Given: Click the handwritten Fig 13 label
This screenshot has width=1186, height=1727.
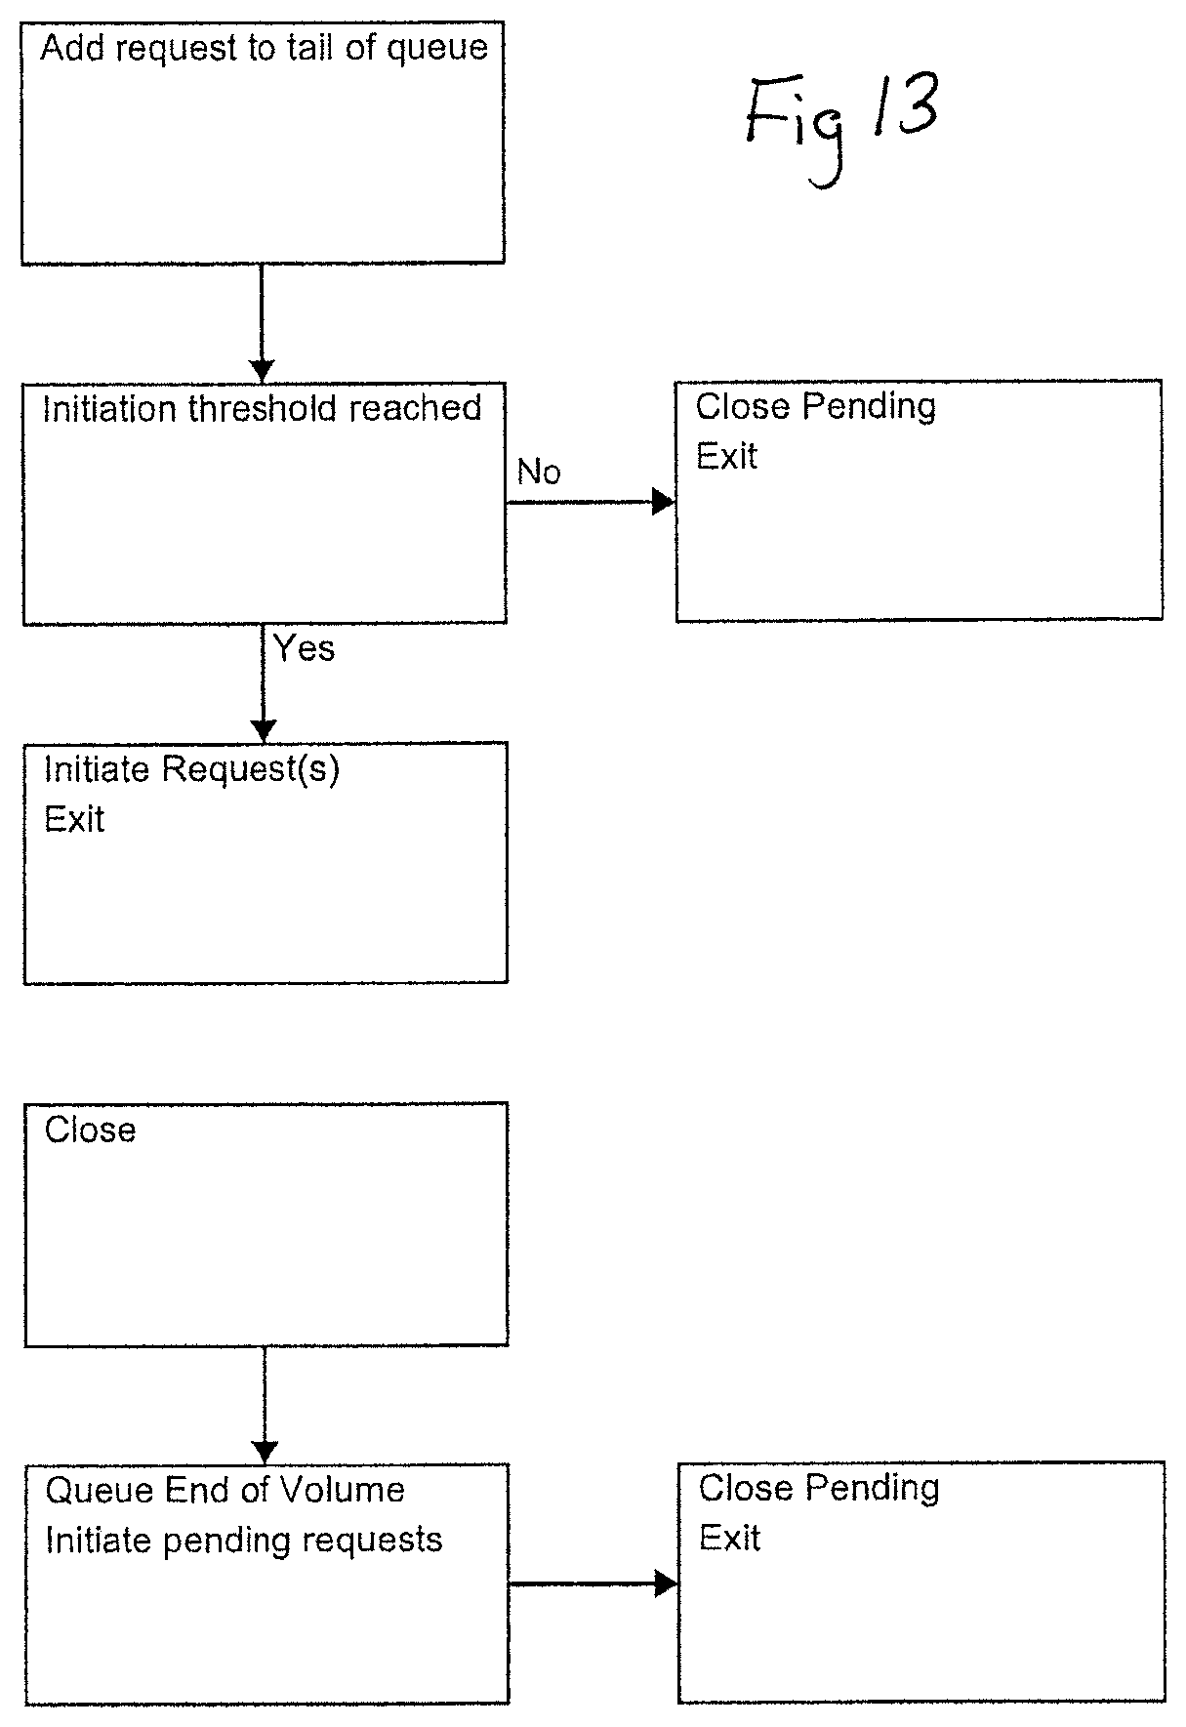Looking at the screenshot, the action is (x=841, y=123).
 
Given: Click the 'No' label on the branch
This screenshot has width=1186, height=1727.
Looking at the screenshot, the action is (x=539, y=472).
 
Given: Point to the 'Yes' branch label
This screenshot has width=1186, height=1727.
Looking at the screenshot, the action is (x=304, y=648).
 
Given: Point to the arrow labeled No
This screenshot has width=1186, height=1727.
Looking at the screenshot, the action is (x=591, y=502).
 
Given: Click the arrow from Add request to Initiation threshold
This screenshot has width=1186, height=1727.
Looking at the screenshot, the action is (x=262, y=323).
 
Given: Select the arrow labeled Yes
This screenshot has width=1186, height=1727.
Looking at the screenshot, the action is (x=264, y=683).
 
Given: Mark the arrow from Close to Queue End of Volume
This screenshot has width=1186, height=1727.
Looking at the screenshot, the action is (x=265, y=1405).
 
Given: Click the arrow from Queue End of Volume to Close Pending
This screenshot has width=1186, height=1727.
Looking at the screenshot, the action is (x=593, y=1583).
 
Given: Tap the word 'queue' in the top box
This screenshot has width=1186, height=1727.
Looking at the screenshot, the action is (x=436, y=49).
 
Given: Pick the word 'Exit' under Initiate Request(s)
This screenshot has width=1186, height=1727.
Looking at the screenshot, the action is (x=74, y=819).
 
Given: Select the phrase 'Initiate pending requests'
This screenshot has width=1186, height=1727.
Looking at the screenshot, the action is (x=244, y=1540).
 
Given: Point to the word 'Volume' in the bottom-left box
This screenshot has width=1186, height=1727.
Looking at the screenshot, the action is (x=342, y=1490).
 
